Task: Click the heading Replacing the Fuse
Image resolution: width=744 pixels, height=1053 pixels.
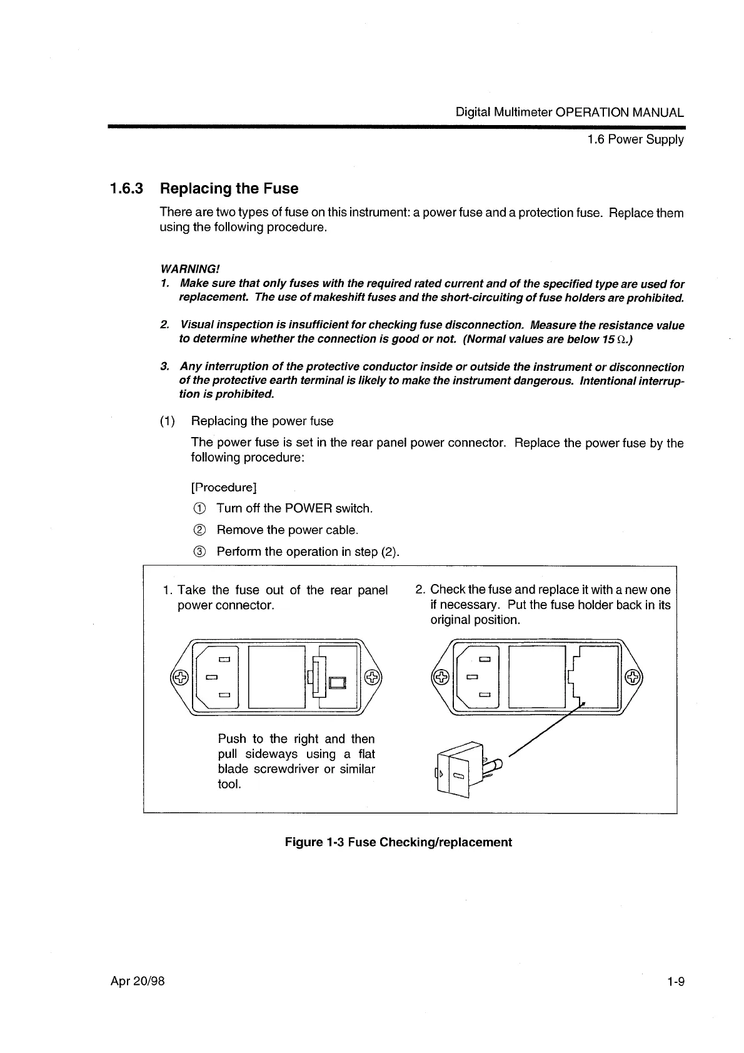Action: pyautogui.click(x=229, y=189)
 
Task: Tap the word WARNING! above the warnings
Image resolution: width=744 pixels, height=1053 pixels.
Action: pyautogui.click(x=190, y=269)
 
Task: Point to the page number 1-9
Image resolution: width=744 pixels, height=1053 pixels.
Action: pyautogui.click(x=675, y=981)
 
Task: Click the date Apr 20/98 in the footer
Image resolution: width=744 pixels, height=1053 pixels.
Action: pyautogui.click(x=138, y=981)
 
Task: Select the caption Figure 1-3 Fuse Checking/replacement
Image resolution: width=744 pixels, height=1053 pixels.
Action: pyautogui.click(x=398, y=842)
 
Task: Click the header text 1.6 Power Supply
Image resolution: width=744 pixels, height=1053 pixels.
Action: pyautogui.click(x=635, y=139)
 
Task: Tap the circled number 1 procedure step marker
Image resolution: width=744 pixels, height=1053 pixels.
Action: pyautogui.click(x=199, y=508)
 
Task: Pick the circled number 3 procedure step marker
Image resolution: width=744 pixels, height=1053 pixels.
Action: pyautogui.click(x=199, y=552)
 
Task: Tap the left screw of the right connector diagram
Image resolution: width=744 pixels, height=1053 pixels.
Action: pyautogui.click(x=441, y=677)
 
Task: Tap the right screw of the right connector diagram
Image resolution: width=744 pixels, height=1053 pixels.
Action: pyautogui.click(x=633, y=677)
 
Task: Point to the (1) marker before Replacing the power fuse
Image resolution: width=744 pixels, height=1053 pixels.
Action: pyautogui.click(x=167, y=421)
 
